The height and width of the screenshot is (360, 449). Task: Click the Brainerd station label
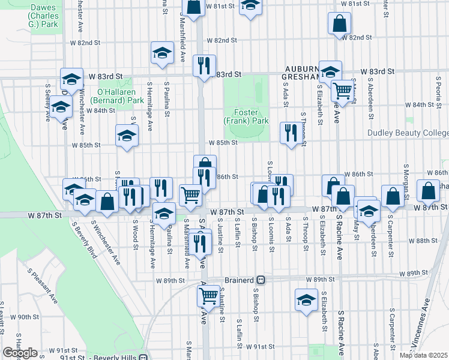(x=240, y=280)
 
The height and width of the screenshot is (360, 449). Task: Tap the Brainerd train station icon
(x=261, y=280)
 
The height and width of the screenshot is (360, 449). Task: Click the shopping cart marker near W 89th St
(x=208, y=295)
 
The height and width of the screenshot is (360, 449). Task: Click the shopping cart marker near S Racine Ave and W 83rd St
(x=342, y=91)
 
